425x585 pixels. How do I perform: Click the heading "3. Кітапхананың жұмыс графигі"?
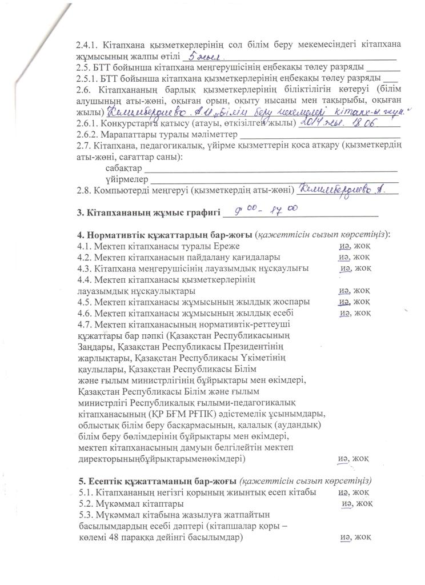coord(148,214)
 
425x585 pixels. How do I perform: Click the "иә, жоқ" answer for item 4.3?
coord(355,269)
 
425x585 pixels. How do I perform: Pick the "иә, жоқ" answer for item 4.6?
coord(355,312)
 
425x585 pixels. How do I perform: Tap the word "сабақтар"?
coord(123,169)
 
